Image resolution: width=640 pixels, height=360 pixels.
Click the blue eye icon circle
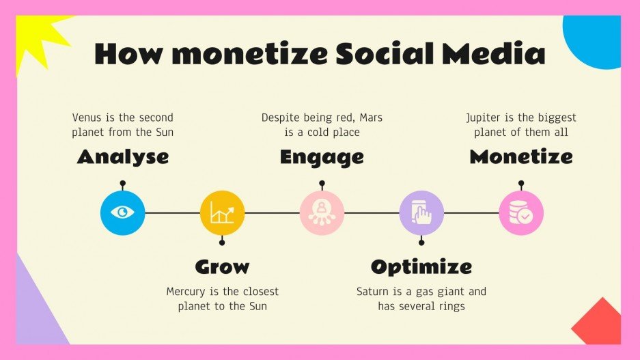coord(122,212)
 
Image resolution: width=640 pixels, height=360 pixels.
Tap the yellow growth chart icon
coord(222,212)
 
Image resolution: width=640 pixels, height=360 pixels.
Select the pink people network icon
coord(322,212)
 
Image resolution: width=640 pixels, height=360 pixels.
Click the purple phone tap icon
coord(421,212)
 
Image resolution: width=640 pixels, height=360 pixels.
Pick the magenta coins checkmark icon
coord(521,212)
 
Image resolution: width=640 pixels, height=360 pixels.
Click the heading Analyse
coord(123,157)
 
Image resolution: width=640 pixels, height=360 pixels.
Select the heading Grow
coord(222,266)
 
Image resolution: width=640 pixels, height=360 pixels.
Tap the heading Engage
coord(322,157)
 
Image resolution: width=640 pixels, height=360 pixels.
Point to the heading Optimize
coord(421,266)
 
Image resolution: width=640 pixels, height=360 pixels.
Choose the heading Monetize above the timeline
coord(520,157)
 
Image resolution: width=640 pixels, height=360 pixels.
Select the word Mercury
coord(188,292)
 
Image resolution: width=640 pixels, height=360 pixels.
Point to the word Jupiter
coord(485,117)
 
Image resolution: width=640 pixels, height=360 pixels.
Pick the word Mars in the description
coord(368,117)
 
